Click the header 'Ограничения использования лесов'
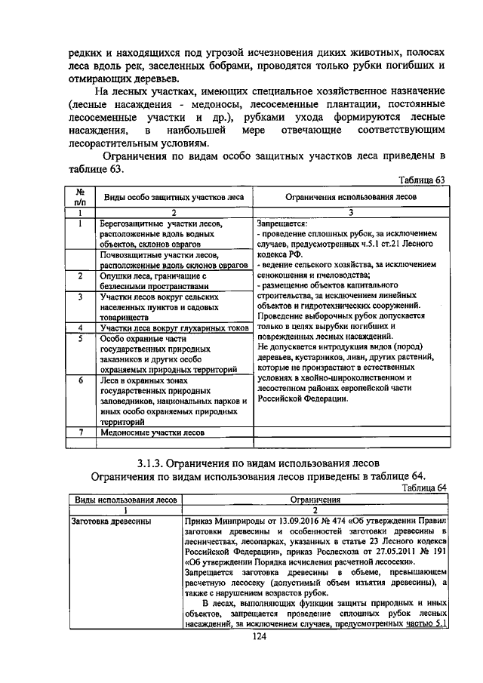click(x=351, y=197)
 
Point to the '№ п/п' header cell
click(x=80, y=197)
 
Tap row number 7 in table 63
click(x=80, y=433)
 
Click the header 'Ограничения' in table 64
click(x=315, y=499)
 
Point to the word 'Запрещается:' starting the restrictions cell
click(x=282, y=224)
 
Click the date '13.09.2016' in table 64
click(x=297, y=521)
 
